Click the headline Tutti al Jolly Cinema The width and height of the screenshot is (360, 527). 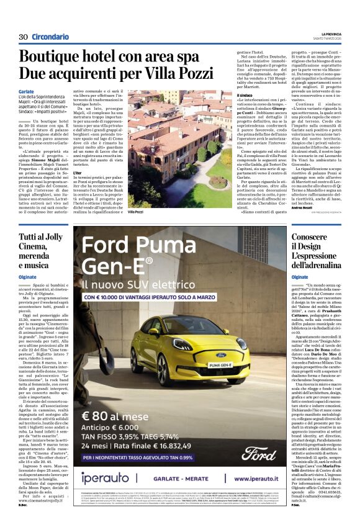click(41, 247)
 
